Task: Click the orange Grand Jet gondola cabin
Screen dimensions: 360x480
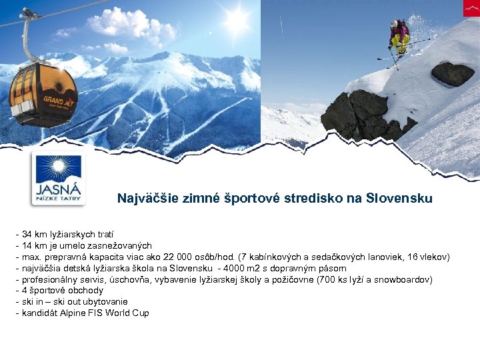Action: (x=43, y=93)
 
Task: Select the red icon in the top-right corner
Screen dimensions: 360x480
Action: (x=471, y=8)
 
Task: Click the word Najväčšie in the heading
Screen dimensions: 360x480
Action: (x=144, y=199)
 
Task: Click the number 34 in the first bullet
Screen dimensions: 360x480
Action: (x=27, y=235)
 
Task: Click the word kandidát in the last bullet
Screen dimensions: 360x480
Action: (x=39, y=313)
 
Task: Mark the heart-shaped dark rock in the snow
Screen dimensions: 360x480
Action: (x=453, y=73)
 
